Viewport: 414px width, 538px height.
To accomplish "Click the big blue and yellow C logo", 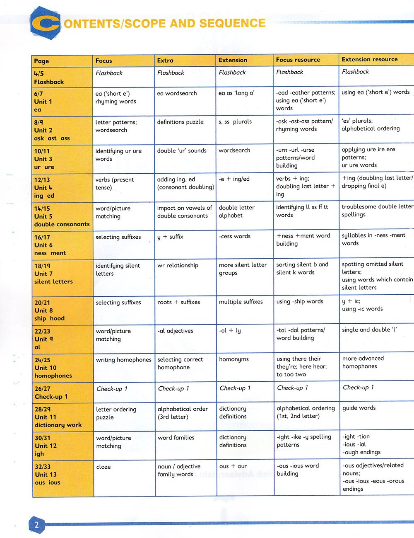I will pyautogui.click(x=46, y=23).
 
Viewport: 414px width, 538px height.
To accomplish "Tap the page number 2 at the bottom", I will pyautogui.click(x=36, y=525).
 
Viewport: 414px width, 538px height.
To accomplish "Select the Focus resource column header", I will pyautogui.click(x=298, y=60).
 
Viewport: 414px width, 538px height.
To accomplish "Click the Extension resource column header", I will pyautogui.click(x=369, y=59).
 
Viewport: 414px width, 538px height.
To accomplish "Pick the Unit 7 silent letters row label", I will pyautogui.click(x=53, y=274).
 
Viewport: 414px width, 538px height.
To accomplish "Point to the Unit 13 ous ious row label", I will pyautogui.click(x=47, y=475).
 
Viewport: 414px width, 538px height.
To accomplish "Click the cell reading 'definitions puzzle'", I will pyautogui.click(x=180, y=122).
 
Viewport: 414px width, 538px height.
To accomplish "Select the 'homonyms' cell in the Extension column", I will pyautogui.click(x=234, y=359).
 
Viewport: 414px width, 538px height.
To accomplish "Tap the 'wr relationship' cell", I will pyautogui.click(x=178, y=265).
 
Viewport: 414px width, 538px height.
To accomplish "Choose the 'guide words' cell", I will pyautogui.click(x=359, y=408).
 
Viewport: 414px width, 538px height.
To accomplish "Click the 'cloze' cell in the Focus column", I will pyautogui.click(x=103, y=467).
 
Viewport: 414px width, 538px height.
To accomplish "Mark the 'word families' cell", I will pyautogui.click(x=176, y=438).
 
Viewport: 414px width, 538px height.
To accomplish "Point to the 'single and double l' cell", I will pyautogui.click(x=369, y=330).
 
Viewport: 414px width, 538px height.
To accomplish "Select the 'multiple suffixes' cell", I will pyautogui.click(x=241, y=302).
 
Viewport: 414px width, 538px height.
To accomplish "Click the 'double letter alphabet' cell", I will pyautogui.click(x=236, y=211).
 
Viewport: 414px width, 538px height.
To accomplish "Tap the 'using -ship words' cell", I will pyautogui.click(x=300, y=301).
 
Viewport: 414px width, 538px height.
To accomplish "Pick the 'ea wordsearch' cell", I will pyautogui.click(x=177, y=93).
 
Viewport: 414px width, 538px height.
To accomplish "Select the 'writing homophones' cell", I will pyautogui.click(x=123, y=360).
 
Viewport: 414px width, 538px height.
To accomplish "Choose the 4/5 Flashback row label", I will pyautogui.click(x=49, y=78).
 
